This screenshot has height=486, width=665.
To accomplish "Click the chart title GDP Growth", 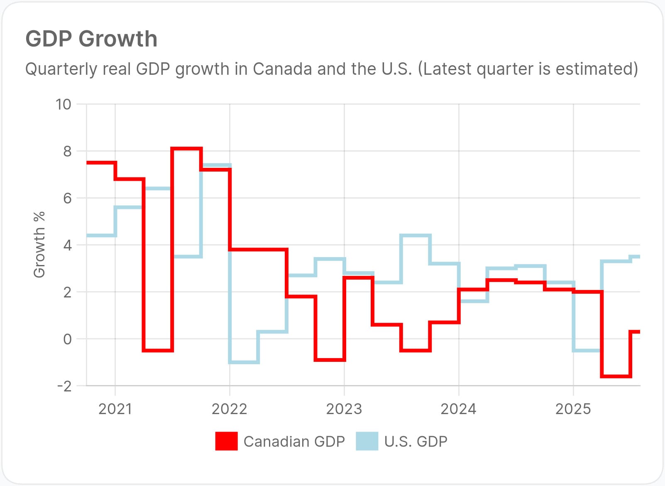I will [x=91, y=39].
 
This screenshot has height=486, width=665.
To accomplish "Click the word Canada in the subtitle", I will [x=282, y=69].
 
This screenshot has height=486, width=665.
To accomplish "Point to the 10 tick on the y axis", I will [x=64, y=104].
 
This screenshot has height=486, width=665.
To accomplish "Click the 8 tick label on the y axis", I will [x=67, y=152].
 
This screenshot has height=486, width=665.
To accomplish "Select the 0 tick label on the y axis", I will [x=67, y=339].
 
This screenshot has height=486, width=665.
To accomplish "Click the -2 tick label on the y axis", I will [x=64, y=386].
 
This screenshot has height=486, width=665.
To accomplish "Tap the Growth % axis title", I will [x=39, y=245].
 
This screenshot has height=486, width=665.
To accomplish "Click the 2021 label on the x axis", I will [x=115, y=409].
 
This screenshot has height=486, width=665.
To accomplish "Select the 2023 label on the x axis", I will [x=344, y=409].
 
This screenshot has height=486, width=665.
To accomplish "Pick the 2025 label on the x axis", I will [x=573, y=409].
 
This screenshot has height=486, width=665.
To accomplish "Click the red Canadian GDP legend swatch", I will [x=226, y=441].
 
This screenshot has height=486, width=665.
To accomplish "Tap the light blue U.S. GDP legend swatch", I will [x=367, y=441].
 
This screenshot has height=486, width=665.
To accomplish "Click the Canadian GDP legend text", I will [x=294, y=441].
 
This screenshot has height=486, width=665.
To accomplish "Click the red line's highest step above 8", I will [x=186, y=148].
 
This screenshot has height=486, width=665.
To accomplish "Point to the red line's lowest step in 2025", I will [x=616, y=376].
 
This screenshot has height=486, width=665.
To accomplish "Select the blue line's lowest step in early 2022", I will [x=244, y=363].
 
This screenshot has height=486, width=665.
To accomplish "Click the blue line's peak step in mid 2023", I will [x=415, y=236].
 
